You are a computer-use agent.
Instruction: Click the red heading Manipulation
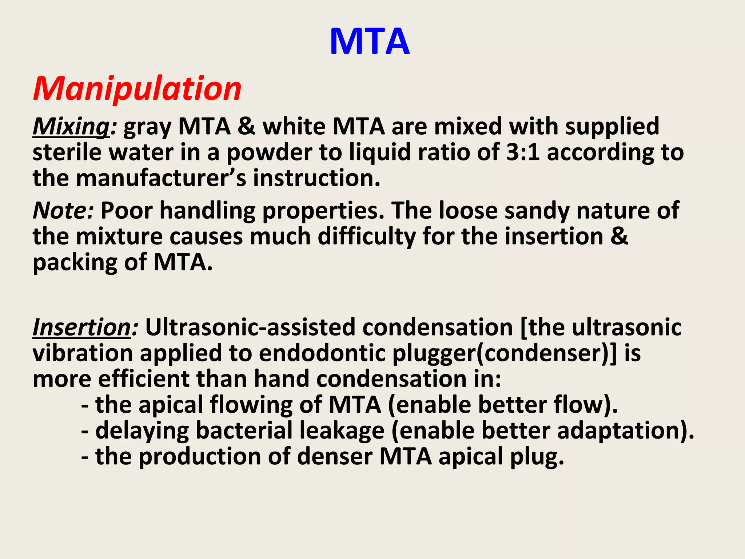point(137,88)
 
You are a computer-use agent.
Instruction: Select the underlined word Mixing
point(71,127)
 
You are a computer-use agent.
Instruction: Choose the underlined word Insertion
point(82,327)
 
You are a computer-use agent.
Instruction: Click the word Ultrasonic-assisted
point(250,327)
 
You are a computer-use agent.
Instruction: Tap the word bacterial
point(244,431)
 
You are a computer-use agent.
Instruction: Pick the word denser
point(334,456)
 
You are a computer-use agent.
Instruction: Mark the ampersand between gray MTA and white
point(247,127)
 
